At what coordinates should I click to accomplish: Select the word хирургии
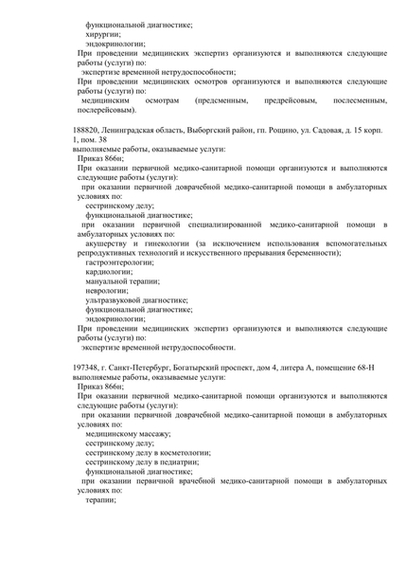[x=103, y=33]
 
